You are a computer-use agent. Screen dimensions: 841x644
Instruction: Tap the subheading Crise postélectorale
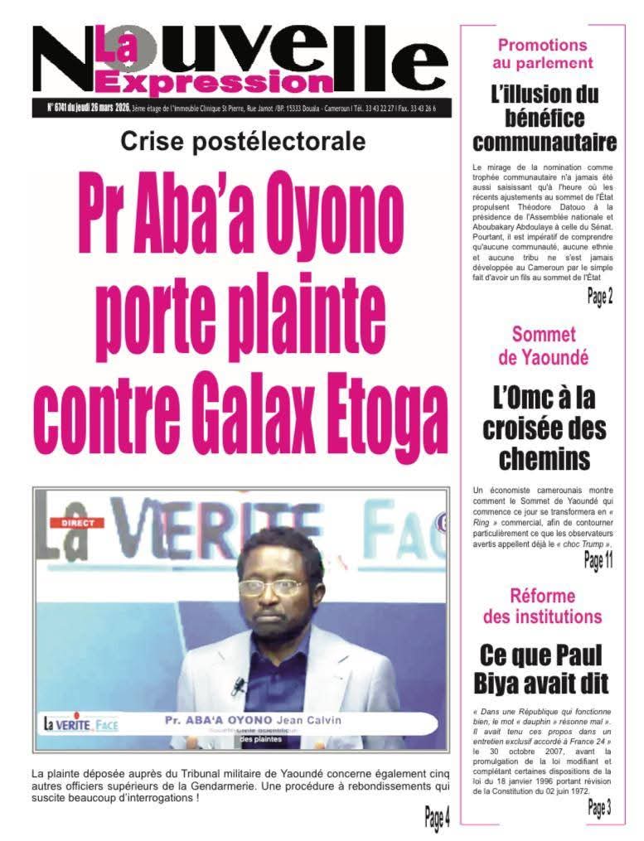point(242,142)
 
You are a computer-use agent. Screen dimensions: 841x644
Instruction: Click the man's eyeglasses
point(271,587)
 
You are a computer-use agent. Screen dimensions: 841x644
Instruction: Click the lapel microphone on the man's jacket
point(239,685)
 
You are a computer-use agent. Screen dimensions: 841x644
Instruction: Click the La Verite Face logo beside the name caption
point(80,723)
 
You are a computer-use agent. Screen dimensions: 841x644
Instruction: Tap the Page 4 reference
point(437,819)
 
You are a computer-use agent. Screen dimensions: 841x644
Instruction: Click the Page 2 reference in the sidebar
point(600,297)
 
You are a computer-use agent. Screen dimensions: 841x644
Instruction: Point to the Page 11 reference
point(598,562)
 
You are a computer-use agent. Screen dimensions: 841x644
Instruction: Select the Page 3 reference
point(599,808)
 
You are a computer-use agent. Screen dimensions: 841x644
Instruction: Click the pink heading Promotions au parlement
point(542,53)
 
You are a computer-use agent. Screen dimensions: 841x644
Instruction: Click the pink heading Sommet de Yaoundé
point(544,346)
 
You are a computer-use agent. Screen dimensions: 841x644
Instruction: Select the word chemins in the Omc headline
point(544,459)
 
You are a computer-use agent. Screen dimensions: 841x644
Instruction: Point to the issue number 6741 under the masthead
point(63,109)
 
